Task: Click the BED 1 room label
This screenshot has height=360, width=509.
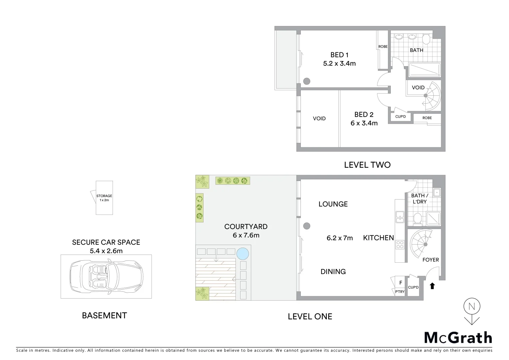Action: click(339, 55)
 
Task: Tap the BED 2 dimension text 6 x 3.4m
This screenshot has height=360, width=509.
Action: click(364, 123)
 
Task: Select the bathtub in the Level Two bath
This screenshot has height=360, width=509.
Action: click(424, 70)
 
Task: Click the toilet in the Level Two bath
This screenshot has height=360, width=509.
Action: click(426, 39)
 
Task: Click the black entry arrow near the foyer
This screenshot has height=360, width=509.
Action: click(432, 286)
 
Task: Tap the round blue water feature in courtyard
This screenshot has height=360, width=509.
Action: click(243, 254)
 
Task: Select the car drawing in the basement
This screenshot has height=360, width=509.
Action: click(106, 276)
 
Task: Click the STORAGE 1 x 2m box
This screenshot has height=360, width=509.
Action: click(104, 198)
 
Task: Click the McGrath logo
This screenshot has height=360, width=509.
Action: click(458, 338)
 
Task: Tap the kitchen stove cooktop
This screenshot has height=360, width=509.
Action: click(400, 245)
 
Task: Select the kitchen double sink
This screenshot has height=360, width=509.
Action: click(400, 217)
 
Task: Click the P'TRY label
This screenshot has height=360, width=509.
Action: click(399, 292)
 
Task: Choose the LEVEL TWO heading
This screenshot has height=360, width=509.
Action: click(367, 165)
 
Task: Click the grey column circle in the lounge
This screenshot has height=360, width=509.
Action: click(307, 226)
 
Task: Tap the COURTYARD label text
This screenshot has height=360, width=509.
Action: click(246, 227)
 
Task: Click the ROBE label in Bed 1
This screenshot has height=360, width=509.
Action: click(383, 47)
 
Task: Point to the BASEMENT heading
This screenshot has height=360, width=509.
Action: click(104, 315)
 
